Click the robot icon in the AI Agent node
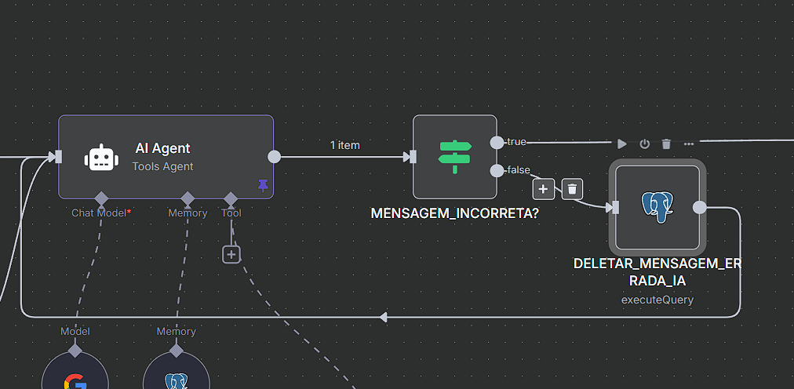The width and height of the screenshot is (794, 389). (102, 158)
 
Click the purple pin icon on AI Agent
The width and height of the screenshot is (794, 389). (263, 185)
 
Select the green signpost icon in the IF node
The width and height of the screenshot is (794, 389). (455, 157)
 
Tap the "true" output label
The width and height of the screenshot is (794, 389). (516, 142)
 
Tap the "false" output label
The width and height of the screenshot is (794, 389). (518, 170)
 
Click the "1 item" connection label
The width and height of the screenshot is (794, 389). (345, 145)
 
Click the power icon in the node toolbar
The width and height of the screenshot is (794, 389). (644, 144)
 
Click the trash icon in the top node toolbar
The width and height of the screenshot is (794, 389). (666, 144)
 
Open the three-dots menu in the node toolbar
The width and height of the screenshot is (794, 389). (689, 144)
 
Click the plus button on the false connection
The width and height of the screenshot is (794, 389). (543, 189)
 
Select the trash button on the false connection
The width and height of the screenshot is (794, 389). (573, 189)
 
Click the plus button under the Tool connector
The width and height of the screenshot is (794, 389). (231, 254)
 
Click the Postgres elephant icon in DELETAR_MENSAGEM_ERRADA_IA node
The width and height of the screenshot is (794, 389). (657, 207)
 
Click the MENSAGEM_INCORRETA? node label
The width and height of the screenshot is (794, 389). (454, 213)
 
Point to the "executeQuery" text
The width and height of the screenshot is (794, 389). (657, 299)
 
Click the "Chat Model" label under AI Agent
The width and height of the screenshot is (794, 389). (100, 213)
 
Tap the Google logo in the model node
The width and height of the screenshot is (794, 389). (75, 382)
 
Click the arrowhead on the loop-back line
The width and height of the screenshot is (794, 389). (383, 317)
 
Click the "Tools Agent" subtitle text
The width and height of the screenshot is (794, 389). (162, 166)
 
